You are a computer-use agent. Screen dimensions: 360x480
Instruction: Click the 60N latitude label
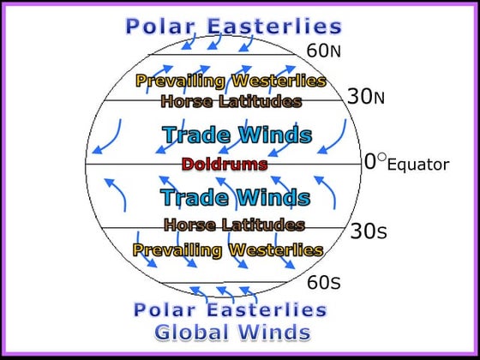pos(324,51)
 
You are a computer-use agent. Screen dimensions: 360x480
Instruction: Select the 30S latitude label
pos(369,231)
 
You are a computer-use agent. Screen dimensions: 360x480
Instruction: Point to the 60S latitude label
pos(323,282)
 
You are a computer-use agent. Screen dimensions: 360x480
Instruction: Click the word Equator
pos(418,165)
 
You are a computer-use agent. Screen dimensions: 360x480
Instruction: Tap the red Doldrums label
pos(225,163)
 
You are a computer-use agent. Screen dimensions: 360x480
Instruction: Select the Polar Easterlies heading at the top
pos(233,27)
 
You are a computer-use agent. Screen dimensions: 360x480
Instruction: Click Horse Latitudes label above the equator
pos(231,101)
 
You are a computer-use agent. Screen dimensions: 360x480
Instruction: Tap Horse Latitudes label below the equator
pos(234,225)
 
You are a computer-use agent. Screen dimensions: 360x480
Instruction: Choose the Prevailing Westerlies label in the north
pos(231,81)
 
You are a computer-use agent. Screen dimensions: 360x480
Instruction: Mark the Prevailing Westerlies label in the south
pos(228,250)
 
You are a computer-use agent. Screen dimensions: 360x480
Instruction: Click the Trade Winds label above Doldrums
pos(237,135)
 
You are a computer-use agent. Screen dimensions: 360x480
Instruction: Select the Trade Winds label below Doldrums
pos(235,197)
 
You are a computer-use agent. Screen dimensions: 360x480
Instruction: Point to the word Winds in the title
pos(275,331)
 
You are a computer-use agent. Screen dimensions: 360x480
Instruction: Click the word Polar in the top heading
pos(161,27)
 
